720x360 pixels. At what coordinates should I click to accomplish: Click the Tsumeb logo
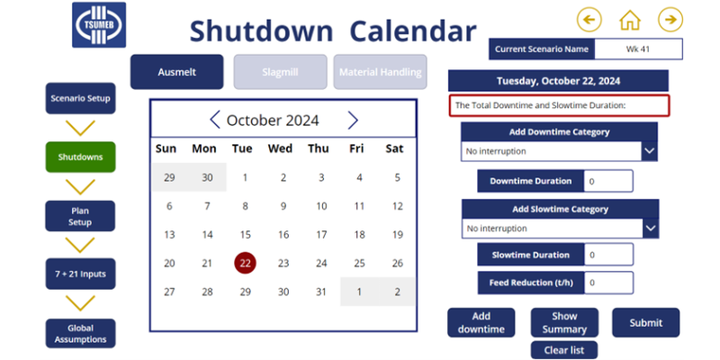click(99, 25)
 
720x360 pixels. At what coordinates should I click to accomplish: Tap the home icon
click(630, 19)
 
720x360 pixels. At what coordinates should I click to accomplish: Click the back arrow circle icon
click(589, 19)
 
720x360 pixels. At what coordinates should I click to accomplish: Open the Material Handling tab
click(380, 72)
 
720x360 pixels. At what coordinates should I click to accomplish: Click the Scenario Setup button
click(80, 98)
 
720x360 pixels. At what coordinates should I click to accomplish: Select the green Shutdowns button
click(80, 157)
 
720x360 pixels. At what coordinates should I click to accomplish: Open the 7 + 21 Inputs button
click(80, 274)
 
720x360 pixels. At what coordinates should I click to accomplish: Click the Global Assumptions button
click(80, 333)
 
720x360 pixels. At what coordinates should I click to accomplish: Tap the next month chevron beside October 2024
click(353, 121)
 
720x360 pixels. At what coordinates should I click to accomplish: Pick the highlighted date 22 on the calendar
click(245, 263)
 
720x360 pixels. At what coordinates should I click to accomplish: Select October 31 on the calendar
click(321, 292)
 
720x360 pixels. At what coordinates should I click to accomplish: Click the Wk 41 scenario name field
click(639, 49)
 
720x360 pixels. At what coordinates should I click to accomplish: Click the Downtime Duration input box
click(608, 181)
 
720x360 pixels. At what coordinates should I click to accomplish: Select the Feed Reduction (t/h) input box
click(608, 283)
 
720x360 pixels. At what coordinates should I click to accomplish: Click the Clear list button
click(563, 350)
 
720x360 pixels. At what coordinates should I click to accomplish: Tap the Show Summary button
click(564, 322)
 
